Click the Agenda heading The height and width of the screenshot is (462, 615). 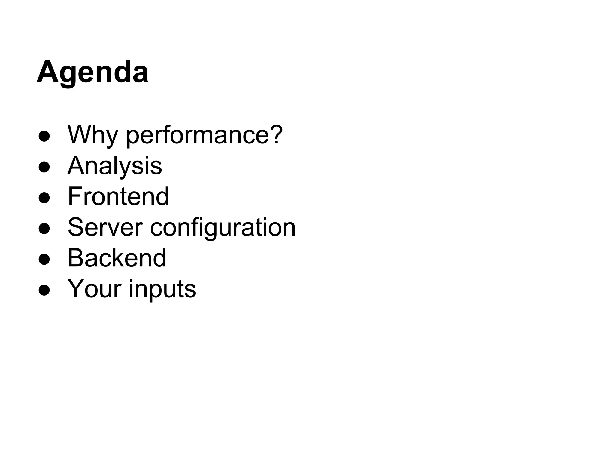point(92,72)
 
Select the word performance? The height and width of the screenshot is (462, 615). point(204,135)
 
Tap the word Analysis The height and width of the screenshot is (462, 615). point(115,166)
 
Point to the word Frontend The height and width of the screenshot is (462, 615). point(118,196)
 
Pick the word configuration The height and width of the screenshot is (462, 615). point(223,228)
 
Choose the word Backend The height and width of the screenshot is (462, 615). point(117,258)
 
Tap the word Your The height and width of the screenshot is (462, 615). point(95,289)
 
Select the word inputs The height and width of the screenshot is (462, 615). point(162,289)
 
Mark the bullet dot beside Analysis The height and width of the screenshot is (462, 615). point(44,167)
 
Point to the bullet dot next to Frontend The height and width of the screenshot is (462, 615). point(44,198)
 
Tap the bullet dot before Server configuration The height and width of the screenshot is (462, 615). point(44,229)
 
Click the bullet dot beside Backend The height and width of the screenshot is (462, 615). point(44,260)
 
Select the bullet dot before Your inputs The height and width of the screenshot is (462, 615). point(44,290)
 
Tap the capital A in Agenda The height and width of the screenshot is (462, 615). point(47,72)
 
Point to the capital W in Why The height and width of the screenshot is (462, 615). point(79,134)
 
